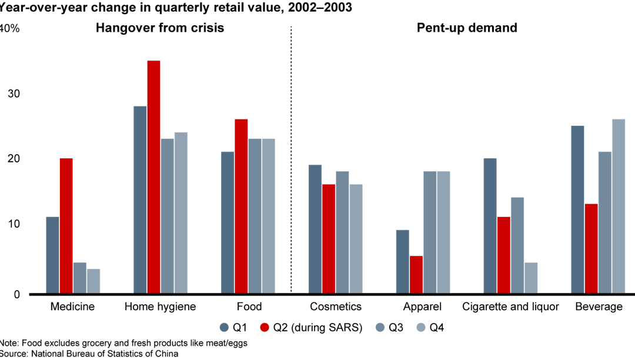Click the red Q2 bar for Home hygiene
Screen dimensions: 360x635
point(153,176)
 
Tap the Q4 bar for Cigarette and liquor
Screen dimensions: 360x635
point(531,278)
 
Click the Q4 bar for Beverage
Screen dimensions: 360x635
point(619,206)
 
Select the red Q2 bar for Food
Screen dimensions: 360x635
point(241,206)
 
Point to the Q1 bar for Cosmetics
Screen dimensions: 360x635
point(315,229)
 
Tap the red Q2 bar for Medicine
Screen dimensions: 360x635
point(66,226)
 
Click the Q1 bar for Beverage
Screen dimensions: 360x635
point(578,209)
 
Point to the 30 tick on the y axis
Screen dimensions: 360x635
point(13,94)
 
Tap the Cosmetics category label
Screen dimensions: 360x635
point(336,307)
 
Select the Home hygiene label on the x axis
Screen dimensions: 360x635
point(161,307)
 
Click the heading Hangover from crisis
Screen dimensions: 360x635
point(160,28)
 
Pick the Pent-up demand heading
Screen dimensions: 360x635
point(467,28)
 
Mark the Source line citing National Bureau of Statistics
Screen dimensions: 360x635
point(89,354)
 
